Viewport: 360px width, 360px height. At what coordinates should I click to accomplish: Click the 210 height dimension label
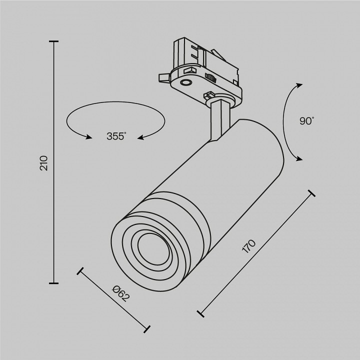(x=44, y=163)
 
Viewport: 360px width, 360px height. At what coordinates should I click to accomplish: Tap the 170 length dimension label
(x=248, y=247)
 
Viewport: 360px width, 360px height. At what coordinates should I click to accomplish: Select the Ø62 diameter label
(x=121, y=292)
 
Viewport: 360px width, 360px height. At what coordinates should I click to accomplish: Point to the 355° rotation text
(x=116, y=135)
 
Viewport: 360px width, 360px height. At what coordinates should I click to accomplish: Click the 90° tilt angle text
(x=306, y=121)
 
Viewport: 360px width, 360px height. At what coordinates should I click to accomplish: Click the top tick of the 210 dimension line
(x=53, y=42)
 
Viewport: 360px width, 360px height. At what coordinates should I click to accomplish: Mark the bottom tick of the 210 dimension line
(x=53, y=283)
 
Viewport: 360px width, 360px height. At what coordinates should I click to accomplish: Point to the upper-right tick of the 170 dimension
(x=311, y=193)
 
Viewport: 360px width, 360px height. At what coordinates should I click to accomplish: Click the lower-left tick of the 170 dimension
(x=200, y=313)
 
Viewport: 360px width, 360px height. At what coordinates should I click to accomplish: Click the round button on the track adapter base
(x=186, y=82)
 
